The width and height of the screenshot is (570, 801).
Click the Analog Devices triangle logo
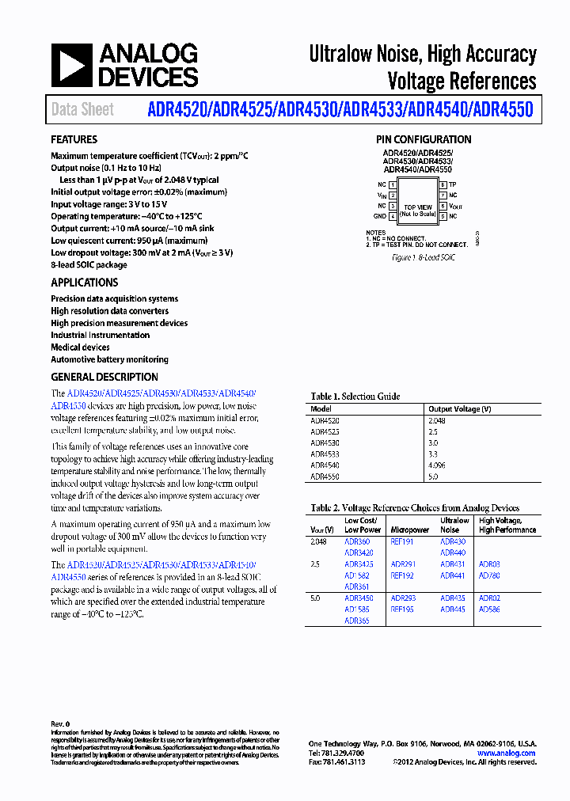[72, 65]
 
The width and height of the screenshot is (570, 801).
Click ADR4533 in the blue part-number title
[370, 109]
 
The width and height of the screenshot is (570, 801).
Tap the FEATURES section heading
[74, 139]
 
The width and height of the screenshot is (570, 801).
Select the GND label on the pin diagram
[379, 216]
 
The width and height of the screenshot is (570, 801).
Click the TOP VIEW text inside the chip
[417, 207]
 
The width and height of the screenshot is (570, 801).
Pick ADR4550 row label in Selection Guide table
[325, 477]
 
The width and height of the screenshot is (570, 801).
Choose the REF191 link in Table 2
[402, 541]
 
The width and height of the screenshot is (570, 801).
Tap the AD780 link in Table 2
[489, 575]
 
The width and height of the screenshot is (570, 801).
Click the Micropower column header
[409, 530]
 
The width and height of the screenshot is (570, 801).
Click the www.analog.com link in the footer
[507, 753]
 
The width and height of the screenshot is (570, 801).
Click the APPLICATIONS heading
[84, 283]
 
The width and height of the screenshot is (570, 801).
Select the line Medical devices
[80, 347]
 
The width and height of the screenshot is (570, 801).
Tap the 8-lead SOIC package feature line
[89, 265]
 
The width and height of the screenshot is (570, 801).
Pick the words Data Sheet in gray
[82, 110]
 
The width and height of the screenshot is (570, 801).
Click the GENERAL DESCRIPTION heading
[104, 378]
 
